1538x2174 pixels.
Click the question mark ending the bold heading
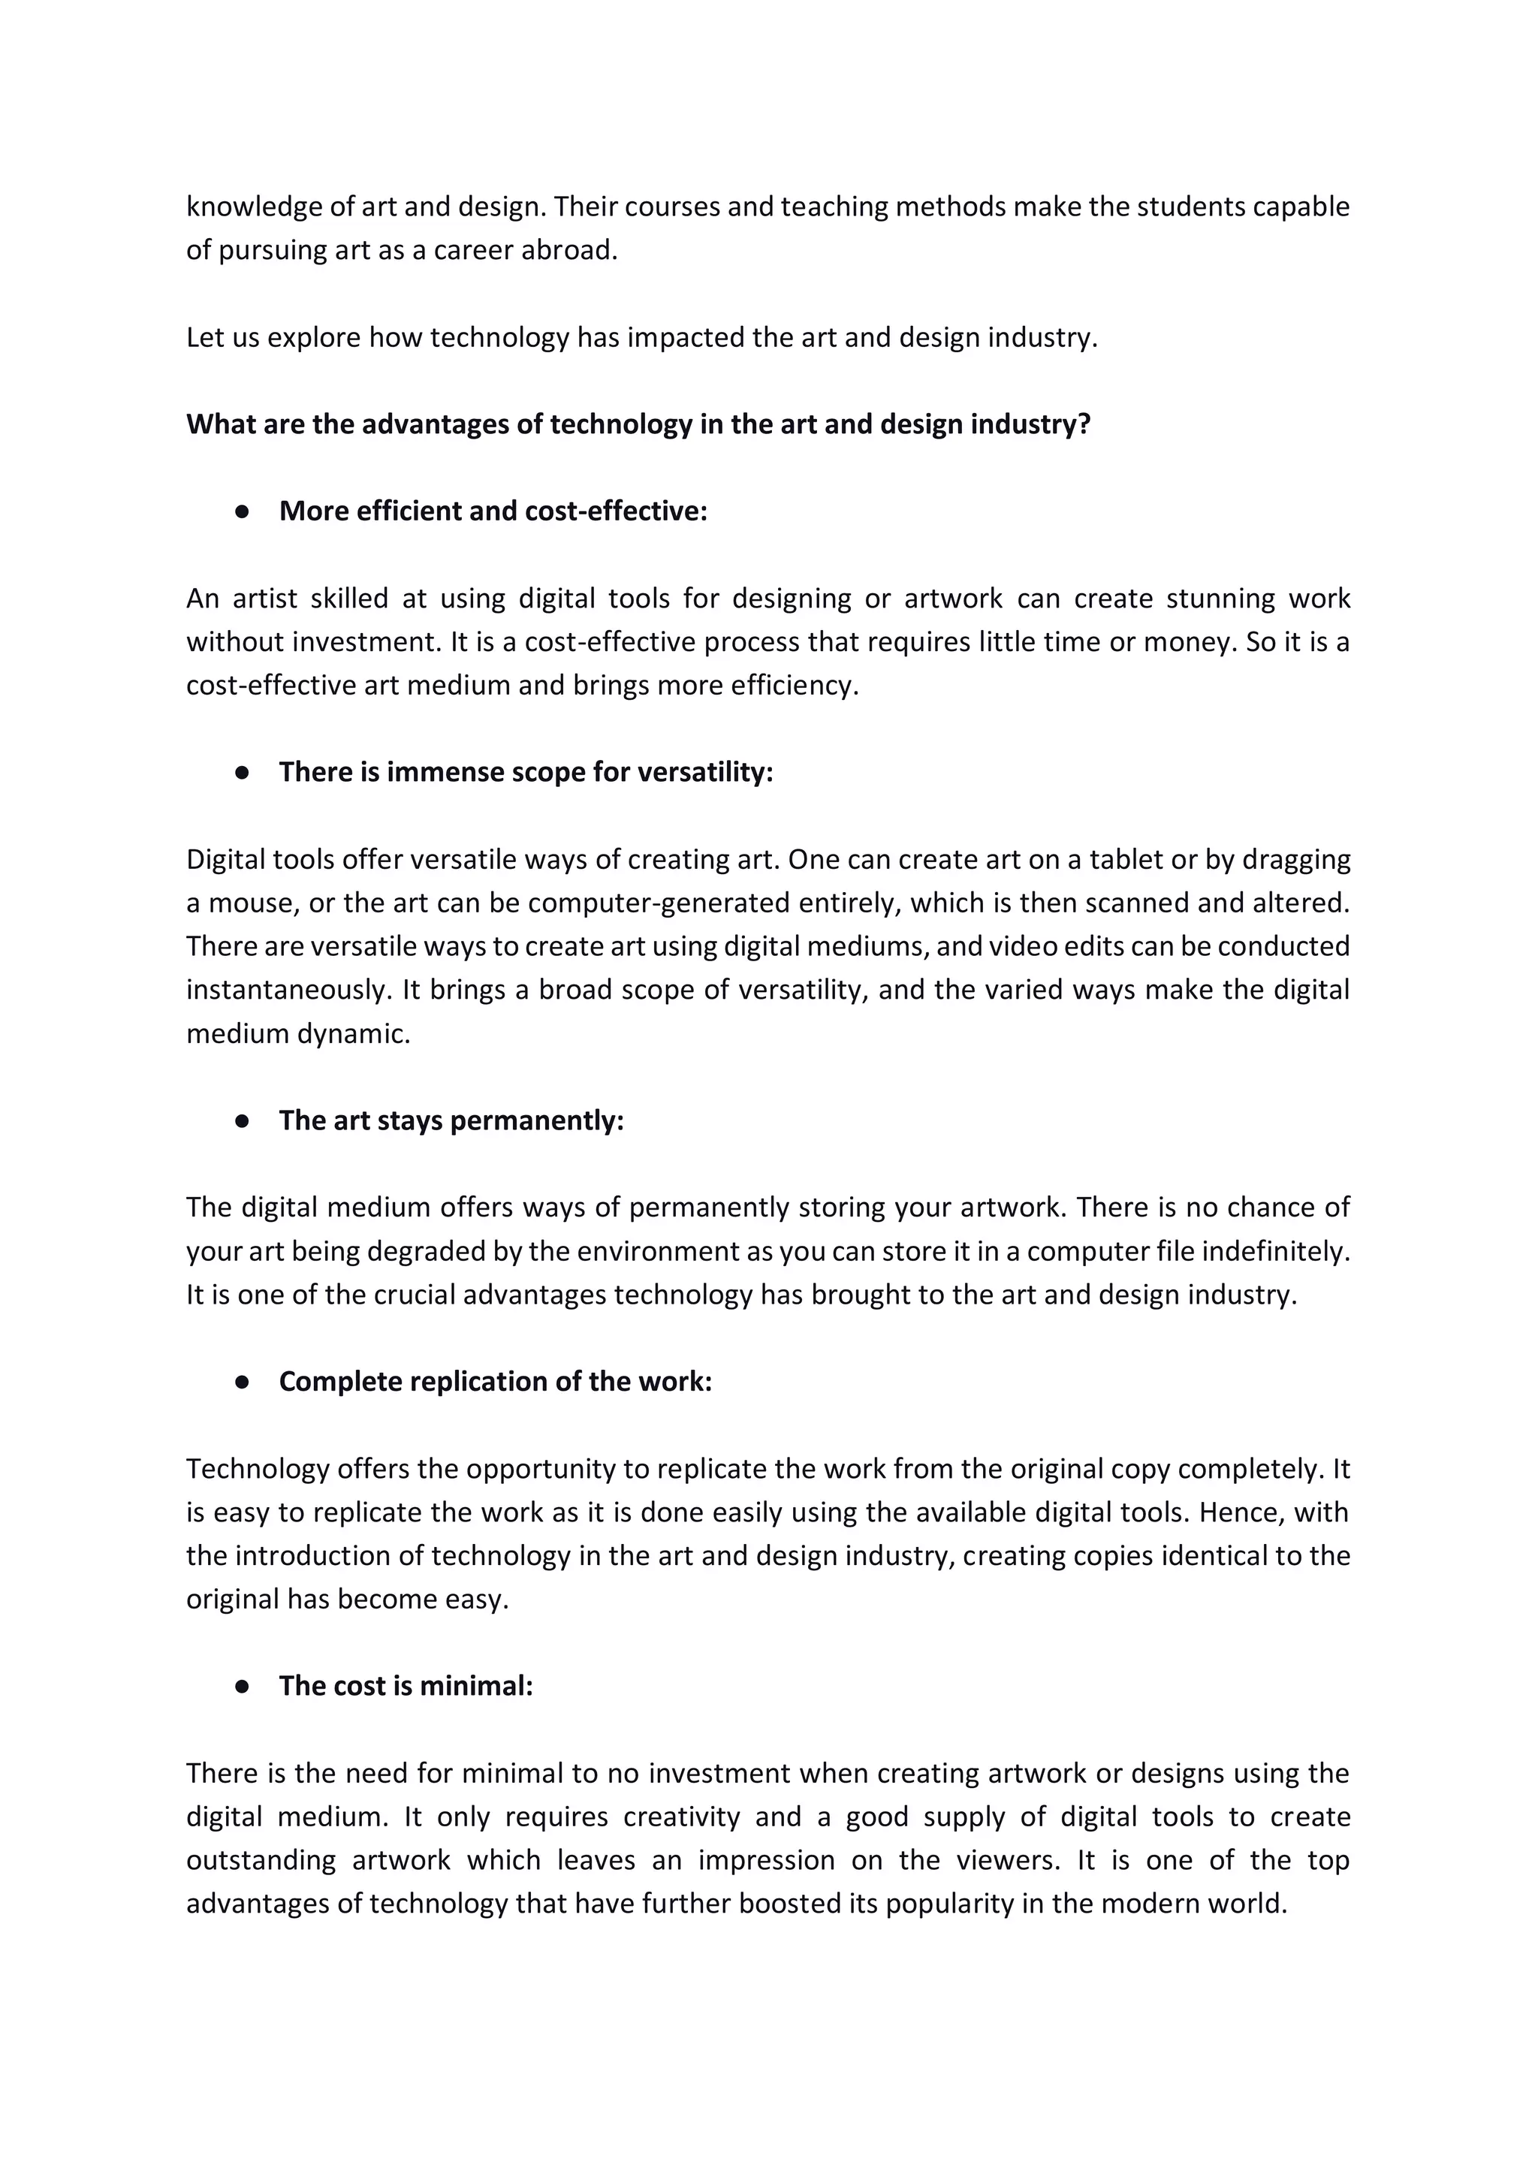(x=1084, y=424)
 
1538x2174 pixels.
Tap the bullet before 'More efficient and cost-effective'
(x=243, y=511)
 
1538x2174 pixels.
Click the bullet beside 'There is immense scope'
(x=243, y=773)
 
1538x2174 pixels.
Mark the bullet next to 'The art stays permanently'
(x=243, y=1121)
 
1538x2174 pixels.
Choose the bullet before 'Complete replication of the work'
(x=243, y=1382)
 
